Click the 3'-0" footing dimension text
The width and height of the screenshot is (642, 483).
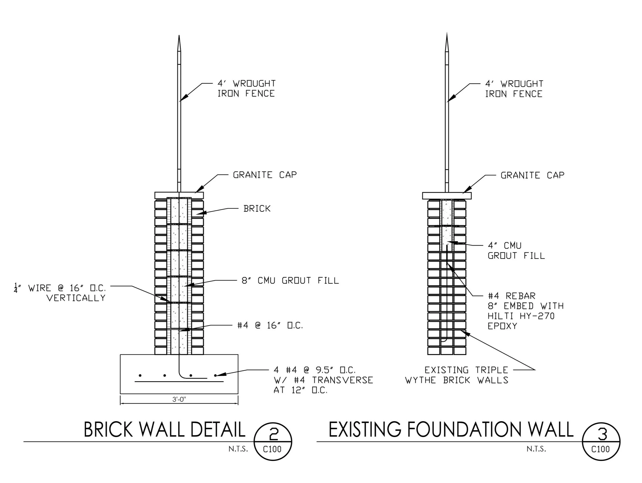[x=179, y=399]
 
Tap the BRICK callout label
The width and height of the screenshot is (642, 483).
[x=257, y=209]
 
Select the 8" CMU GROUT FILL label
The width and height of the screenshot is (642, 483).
[x=290, y=280]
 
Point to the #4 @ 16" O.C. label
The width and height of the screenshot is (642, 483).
[x=270, y=325]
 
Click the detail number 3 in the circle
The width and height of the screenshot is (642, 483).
[x=602, y=434]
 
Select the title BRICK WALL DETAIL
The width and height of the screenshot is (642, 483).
[x=165, y=430]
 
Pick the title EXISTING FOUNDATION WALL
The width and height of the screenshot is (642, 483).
[x=451, y=430]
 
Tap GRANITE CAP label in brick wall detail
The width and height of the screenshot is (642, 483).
[x=265, y=175]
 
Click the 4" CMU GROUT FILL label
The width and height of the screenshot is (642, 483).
[x=516, y=251]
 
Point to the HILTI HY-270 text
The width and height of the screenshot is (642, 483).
[x=521, y=316]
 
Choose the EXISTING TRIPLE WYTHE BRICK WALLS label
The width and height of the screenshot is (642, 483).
[x=457, y=375]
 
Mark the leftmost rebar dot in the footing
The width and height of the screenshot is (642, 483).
[x=140, y=375]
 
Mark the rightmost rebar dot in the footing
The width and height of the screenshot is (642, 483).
[x=215, y=375]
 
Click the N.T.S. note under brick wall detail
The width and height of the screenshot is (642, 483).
[x=238, y=449]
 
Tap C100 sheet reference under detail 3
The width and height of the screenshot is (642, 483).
[x=600, y=449]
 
